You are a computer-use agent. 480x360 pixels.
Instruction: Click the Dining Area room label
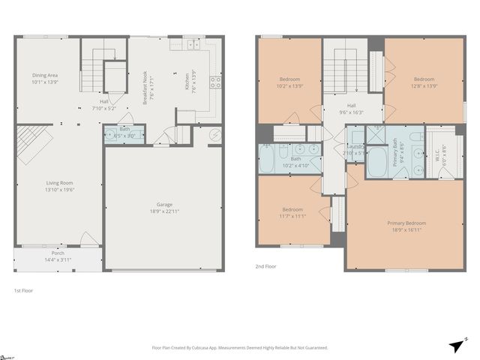(x=45, y=75)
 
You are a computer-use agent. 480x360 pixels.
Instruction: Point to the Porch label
(x=58, y=253)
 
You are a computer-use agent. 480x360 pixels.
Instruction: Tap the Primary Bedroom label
(x=406, y=223)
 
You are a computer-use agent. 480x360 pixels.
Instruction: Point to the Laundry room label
(x=356, y=146)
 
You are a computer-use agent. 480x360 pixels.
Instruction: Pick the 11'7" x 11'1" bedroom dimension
(x=292, y=215)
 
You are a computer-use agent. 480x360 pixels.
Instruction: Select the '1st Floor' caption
(x=23, y=290)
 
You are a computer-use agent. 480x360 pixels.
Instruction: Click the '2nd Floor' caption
(x=265, y=265)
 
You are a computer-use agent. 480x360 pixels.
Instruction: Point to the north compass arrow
(x=457, y=344)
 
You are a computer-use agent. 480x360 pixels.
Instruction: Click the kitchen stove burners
(x=214, y=82)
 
